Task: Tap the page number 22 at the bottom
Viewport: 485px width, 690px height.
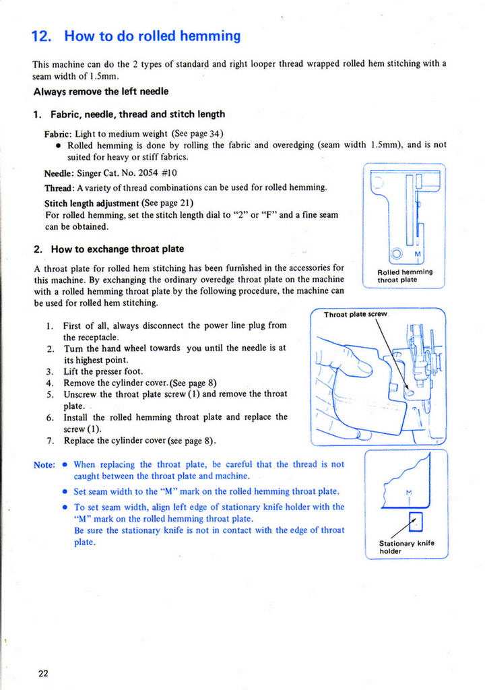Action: pyautogui.click(x=42, y=672)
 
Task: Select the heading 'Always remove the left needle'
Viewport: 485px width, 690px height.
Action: pyautogui.click(x=101, y=91)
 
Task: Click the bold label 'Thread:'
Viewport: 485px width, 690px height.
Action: pyautogui.click(x=59, y=187)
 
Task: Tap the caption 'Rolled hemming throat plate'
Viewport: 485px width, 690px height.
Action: pyautogui.click(x=405, y=276)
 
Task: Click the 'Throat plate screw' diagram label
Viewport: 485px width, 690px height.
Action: pyautogui.click(x=355, y=315)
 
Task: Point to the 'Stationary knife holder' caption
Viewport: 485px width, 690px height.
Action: pyautogui.click(x=406, y=546)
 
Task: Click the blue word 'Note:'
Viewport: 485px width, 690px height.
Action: pyautogui.click(x=44, y=465)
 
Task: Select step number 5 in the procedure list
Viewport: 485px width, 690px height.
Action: pyautogui.click(x=51, y=394)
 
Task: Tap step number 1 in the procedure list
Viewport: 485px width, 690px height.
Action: pyautogui.click(x=51, y=325)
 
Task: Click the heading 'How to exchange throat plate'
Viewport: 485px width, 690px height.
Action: pyautogui.click(x=117, y=249)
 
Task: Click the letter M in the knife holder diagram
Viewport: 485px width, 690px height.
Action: pyautogui.click(x=409, y=491)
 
